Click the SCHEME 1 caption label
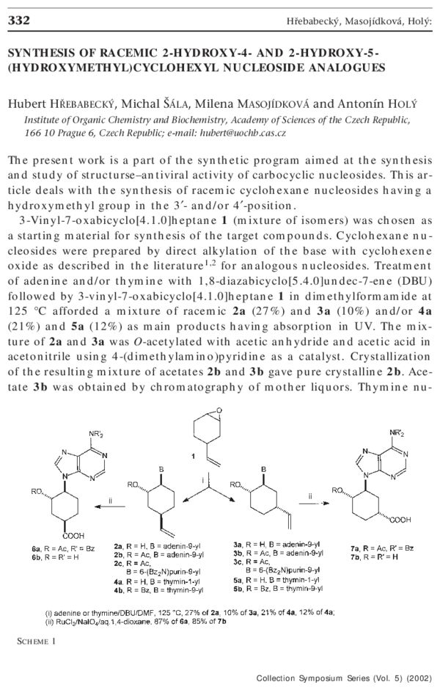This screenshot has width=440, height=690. [x=31, y=641]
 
